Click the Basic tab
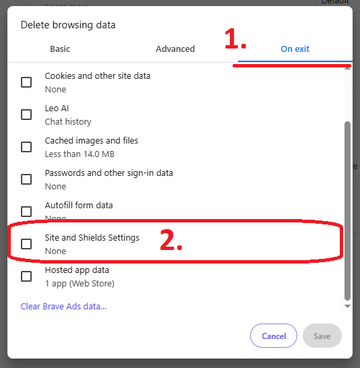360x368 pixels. pos(60,49)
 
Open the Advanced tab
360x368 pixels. pos(175,49)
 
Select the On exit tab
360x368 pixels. pos(295,49)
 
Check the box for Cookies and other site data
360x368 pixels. pos(26,82)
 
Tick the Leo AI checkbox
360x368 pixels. pos(26,115)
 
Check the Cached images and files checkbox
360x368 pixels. pos(26,147)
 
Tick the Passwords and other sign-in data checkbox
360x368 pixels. pos(26,179)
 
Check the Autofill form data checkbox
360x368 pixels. pos(26,211)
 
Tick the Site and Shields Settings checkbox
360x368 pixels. pos(26,244)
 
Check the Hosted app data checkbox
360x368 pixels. pos(26,276)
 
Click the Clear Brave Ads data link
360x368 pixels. pos(63,307)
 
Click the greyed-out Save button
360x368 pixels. pos(322,336)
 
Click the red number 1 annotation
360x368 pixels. pos(235,40)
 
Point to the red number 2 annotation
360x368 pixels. pos(171,241)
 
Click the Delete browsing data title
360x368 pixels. pos(68,25)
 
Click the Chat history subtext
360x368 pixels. pos(68,122)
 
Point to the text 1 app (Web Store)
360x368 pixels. pos(80,284)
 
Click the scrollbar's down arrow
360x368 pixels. pos(347,306)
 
